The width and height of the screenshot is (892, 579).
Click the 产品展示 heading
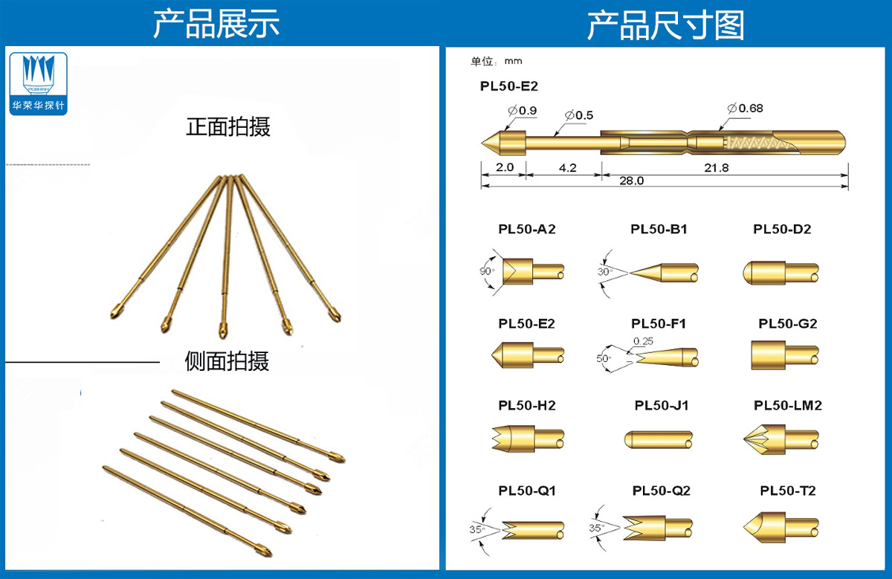pos(216,24)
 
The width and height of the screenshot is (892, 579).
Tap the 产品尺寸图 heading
pos(665,25)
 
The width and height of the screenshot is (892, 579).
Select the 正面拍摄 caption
pos(227,126)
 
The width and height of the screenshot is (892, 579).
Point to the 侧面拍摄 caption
pos(227,361)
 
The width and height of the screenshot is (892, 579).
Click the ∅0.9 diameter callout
pos(523,111)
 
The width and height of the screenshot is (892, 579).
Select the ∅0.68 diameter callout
pos(746,109)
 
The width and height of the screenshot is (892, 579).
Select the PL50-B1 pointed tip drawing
pos(662,272)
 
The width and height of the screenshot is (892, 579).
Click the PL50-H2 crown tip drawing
pos(528,439)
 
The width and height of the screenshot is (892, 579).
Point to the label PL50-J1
pos(661,405)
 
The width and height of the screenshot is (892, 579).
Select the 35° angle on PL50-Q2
pos(596,528)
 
